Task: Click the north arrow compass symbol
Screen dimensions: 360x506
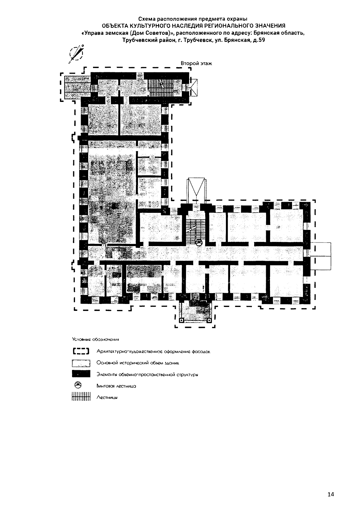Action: [x=76, y=54]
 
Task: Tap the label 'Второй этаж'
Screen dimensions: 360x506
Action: [x=196, y=64]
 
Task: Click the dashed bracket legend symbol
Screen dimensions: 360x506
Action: [x=81, y=352]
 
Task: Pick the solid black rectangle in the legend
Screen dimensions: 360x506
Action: [x=81, y=374]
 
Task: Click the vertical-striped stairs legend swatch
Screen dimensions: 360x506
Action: [x=81, y=397]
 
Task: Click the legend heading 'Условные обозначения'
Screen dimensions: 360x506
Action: [x=96, y=339]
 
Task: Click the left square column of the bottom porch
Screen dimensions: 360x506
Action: [x=181, y=320]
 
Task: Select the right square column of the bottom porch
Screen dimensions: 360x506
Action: [x=209, y=320]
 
